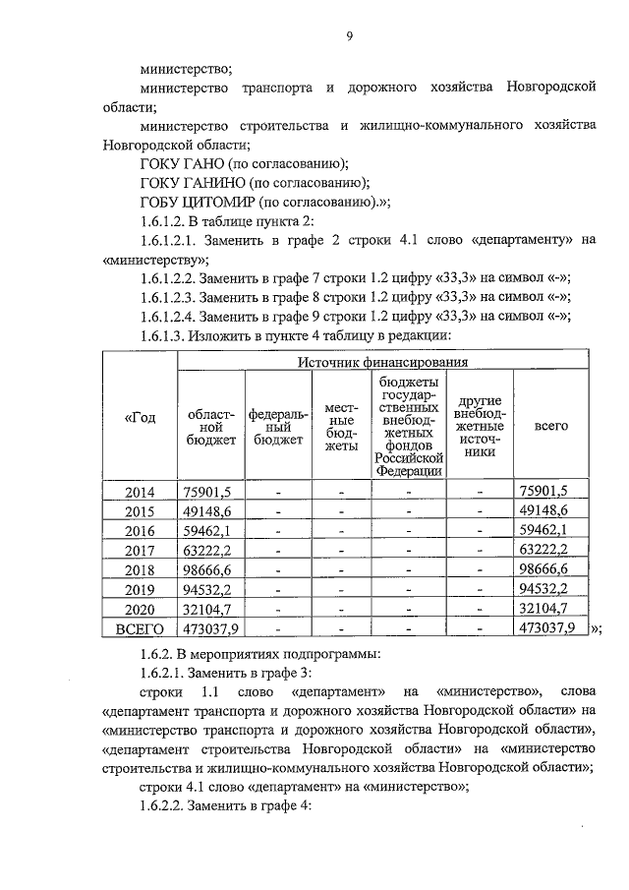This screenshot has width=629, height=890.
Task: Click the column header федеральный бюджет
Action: coord(277,427)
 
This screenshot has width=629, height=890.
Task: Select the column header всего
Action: coord(550,427)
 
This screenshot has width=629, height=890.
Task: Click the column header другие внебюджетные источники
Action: coord(480,427)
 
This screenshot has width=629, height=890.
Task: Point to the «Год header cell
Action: coord(140,418)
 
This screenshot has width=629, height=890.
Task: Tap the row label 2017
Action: coord(140,551)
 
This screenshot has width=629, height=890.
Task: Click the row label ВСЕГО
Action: coord(140,628)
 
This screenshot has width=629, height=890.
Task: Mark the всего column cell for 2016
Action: coord(550,531)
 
